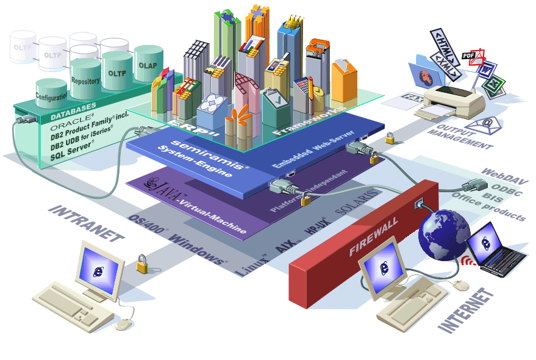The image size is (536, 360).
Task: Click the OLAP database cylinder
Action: click(x=148, y=63)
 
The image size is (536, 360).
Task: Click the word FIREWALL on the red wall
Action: click(x=373, y=236)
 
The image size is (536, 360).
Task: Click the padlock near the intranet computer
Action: click(x=141, y=264)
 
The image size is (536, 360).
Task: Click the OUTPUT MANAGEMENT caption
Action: click(x=460, y=138)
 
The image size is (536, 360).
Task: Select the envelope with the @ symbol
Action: click(x=488, y=124)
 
